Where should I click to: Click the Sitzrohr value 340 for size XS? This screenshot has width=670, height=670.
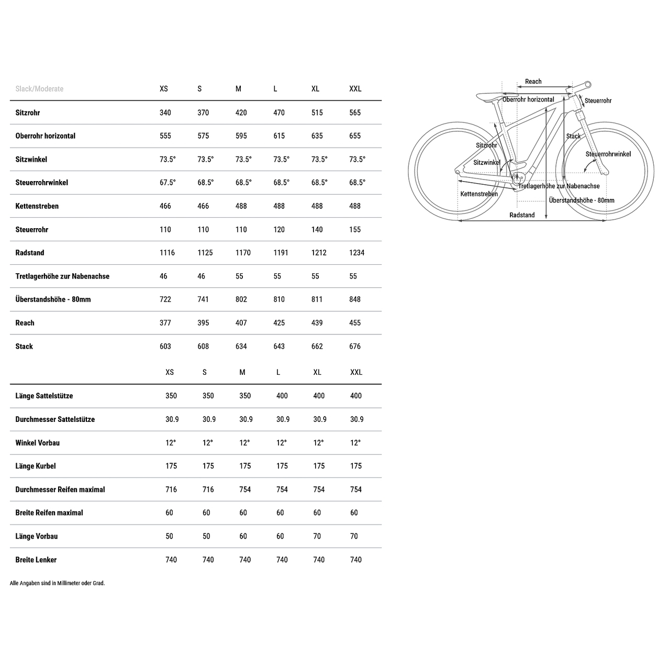(x=165, y=113)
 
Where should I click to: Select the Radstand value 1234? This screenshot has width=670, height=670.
(x=356, y=253)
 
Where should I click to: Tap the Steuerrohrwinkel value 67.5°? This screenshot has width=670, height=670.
(x=167, y=183)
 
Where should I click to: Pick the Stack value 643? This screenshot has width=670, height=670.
(x=279, y=347)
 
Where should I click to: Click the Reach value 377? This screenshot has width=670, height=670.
(x=165, y=323)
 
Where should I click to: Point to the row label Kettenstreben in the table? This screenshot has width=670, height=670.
(x=37, y=206)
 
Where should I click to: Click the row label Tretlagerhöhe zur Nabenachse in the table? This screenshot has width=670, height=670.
(x=62, y=276)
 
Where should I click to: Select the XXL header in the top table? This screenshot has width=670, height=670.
(x=355, y=89)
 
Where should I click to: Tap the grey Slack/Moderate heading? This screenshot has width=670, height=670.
(x=39, y=89)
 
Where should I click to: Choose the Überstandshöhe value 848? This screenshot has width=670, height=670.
(x=355, y=299)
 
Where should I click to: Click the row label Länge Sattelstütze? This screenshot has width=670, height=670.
(x=44, y=396)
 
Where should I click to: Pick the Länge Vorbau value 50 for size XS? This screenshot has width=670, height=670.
(x=170, y=537)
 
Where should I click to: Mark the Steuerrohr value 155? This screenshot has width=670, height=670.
(x=355, y=230)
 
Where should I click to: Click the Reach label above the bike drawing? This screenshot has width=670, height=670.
(x=533, y=82)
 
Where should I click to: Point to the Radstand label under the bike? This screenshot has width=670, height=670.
(x=522, y=215)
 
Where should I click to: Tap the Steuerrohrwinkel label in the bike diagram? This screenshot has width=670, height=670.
(x=608, y=154)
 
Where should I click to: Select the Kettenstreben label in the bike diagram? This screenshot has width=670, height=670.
(x=479, y=194)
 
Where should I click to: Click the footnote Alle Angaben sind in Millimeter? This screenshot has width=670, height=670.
(x=58, y=583)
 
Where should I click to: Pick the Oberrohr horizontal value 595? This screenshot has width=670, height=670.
(x=241, y=136)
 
